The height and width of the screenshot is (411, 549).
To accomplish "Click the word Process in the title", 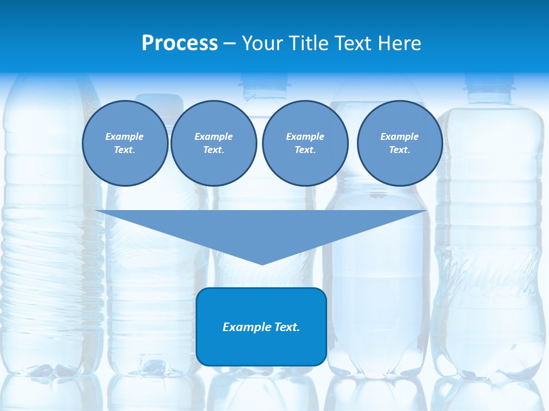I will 180,43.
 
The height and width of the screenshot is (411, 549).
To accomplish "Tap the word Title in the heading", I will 309,43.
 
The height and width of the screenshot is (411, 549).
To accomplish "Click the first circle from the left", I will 125,143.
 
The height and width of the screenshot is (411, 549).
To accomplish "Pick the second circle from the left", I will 213,143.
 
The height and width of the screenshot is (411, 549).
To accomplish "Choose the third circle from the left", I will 305,143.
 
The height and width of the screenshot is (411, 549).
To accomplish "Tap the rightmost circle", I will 399,143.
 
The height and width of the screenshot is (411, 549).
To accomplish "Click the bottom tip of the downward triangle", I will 262,263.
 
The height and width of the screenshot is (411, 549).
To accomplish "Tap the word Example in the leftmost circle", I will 125,136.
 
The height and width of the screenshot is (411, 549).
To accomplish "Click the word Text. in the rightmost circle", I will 399,150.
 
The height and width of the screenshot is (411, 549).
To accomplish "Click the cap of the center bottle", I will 265,86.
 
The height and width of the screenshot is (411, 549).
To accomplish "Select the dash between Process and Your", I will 229,43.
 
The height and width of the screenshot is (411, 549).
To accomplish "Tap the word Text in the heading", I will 354,43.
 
